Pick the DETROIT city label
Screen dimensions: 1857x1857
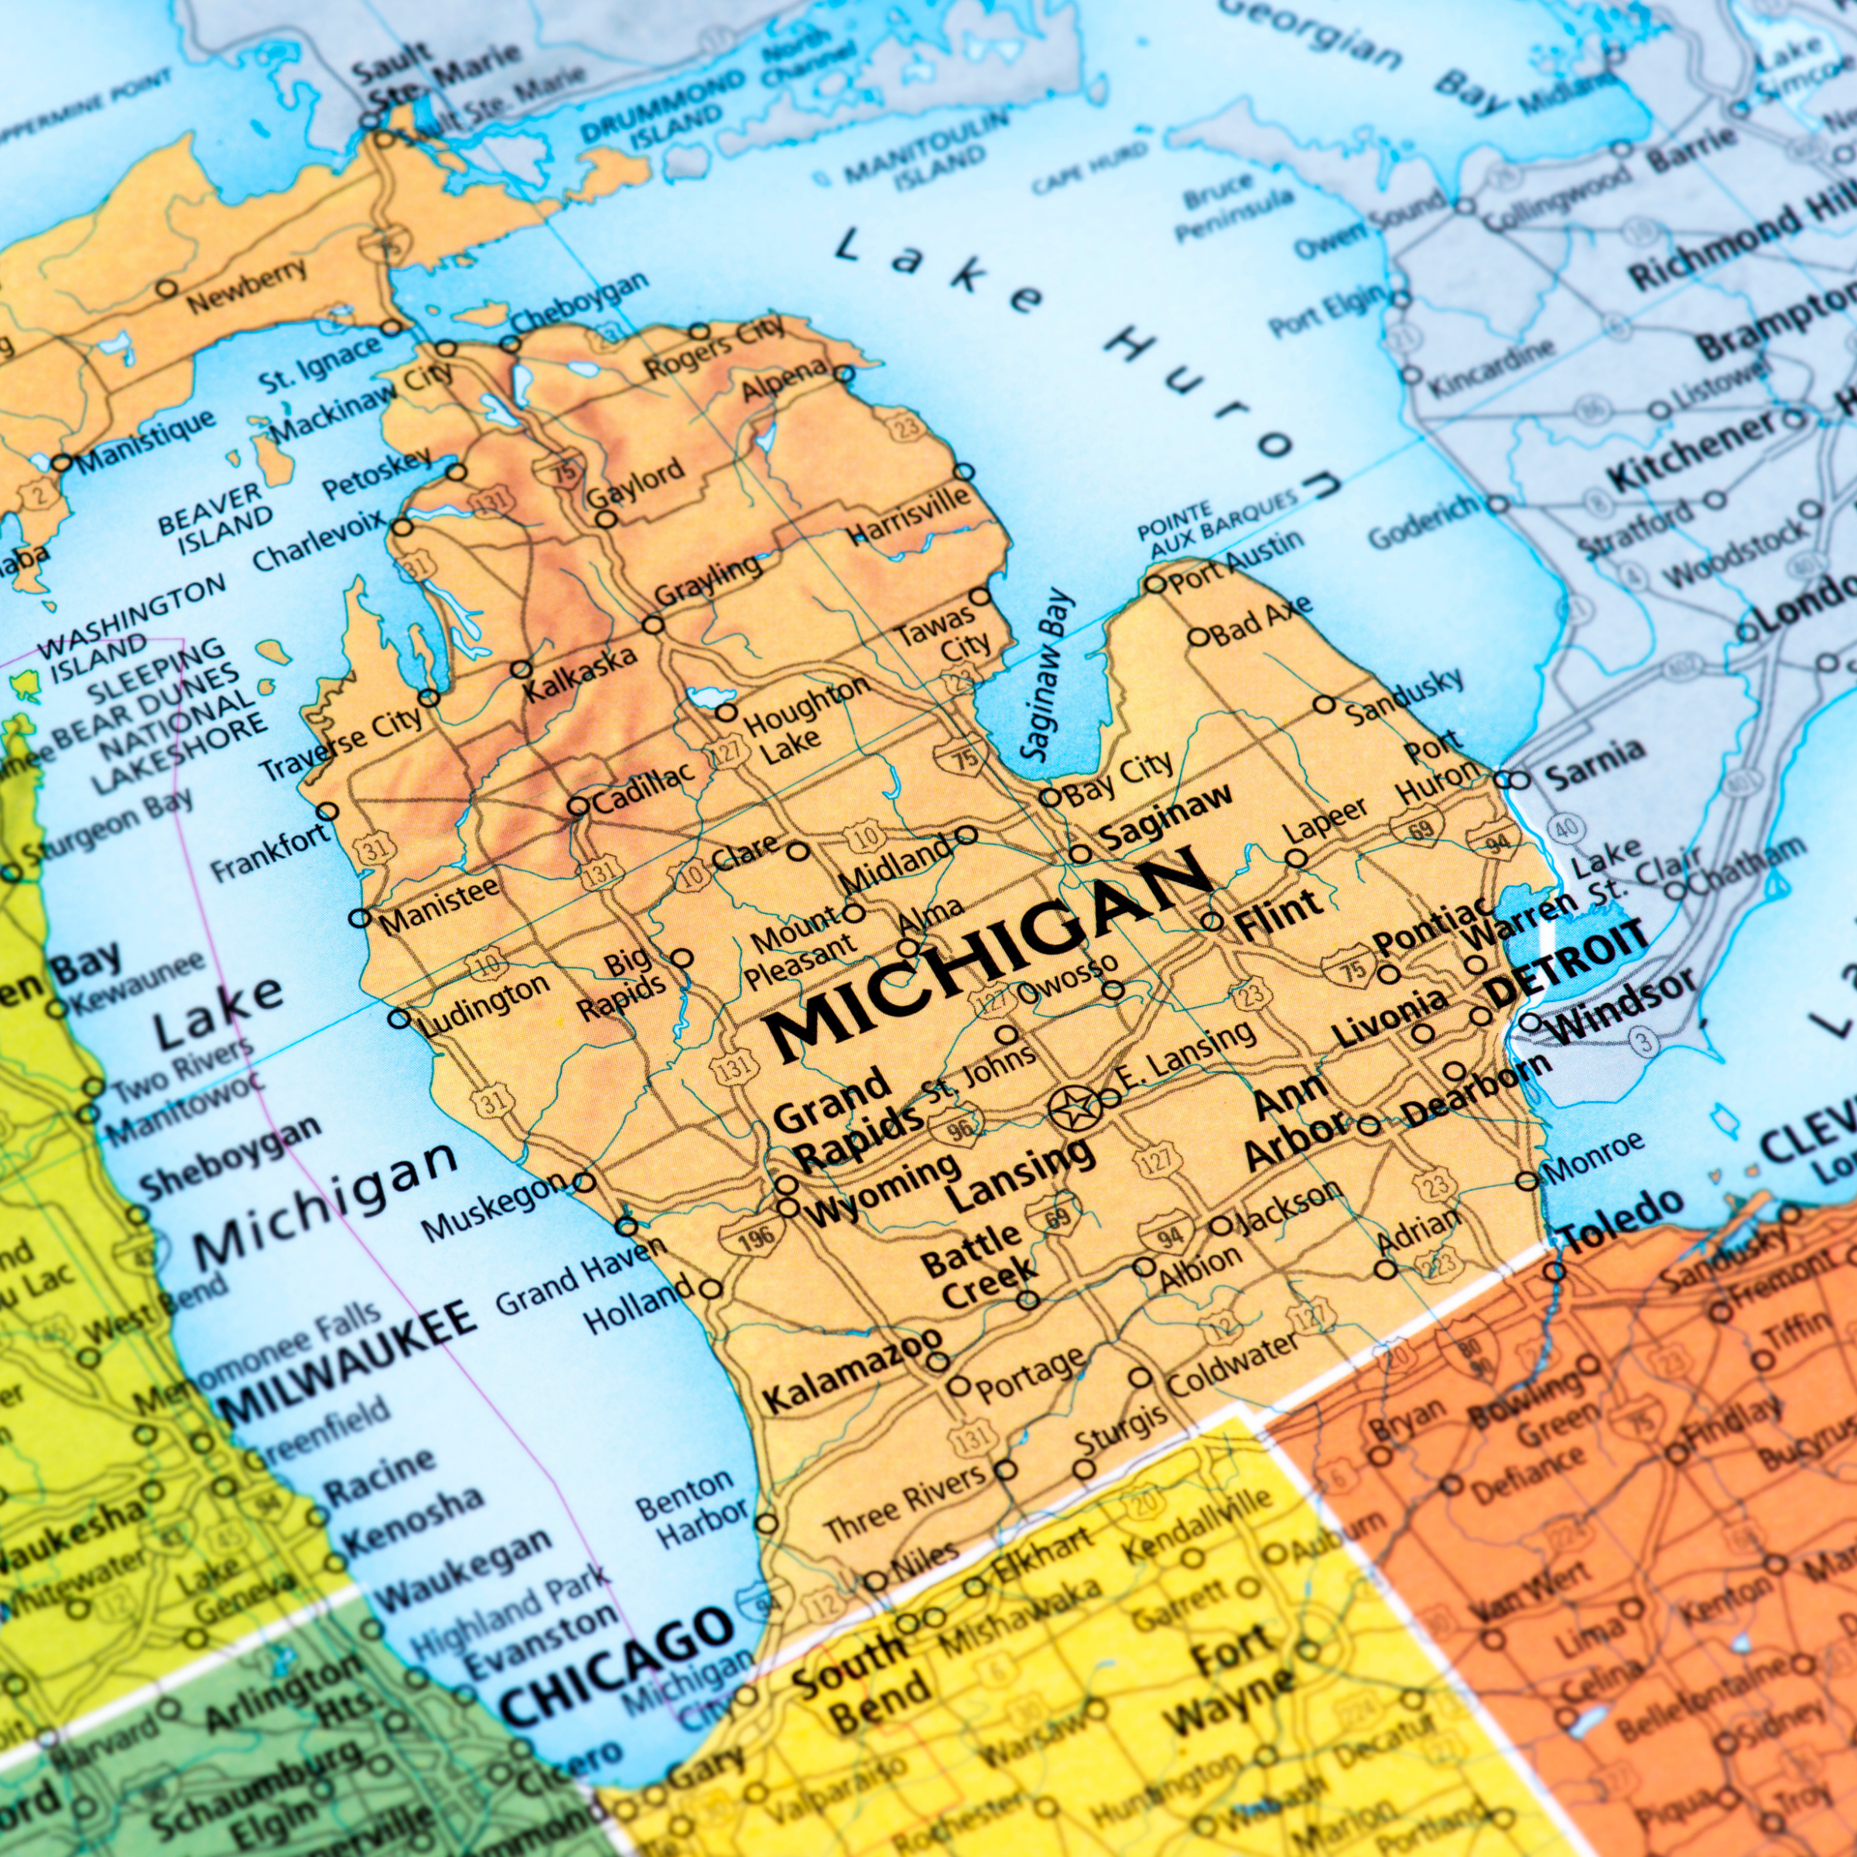pyautogui.click(x=1567, y=959)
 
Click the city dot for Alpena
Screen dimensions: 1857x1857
pyautogui.click(x=844, y=374)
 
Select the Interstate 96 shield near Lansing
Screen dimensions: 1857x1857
pyautogui.click(x=959, y=1127)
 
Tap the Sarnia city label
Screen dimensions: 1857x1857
pyautogui.click(x=1590, y=757)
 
